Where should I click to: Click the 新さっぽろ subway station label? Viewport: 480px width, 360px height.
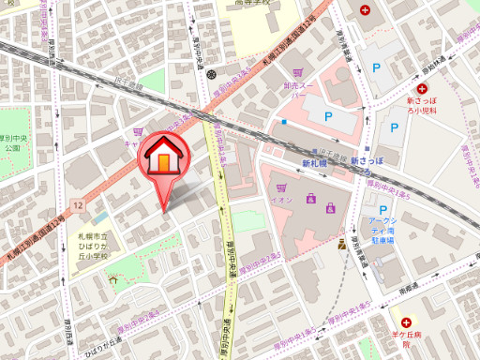(368, 161)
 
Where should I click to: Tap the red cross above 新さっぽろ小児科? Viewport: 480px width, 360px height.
(410, 88)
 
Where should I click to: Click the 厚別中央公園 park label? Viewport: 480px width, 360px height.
(11, 142)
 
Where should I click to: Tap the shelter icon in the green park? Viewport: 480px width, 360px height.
(112, 278)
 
